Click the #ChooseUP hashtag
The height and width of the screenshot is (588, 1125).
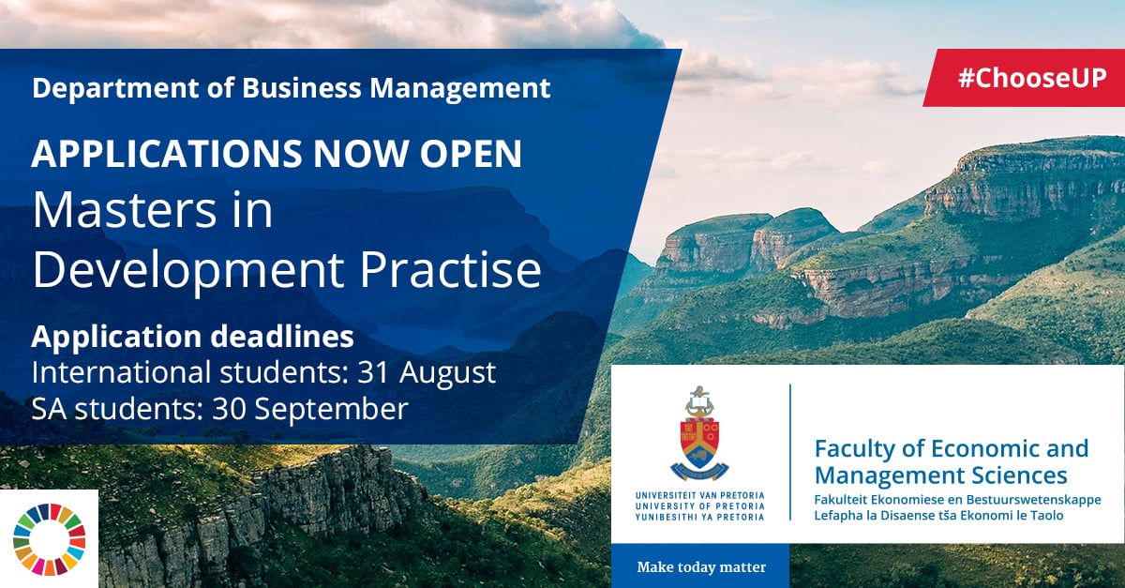1032,78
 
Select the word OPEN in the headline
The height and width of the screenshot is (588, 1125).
471,153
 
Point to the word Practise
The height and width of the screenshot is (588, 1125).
451,269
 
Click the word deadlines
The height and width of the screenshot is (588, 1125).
282,337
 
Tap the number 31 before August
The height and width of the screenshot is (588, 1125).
373,373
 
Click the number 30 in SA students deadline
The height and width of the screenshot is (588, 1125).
229,410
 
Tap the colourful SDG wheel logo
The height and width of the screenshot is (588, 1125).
49,538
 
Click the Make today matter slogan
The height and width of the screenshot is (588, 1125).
701,566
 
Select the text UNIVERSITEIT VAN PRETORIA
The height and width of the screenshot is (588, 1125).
699,495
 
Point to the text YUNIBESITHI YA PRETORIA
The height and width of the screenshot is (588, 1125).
699,517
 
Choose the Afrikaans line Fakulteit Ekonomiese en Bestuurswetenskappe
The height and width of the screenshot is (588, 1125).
957,500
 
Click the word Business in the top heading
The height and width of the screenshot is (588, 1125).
302,88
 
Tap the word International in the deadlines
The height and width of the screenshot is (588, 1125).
121,373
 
